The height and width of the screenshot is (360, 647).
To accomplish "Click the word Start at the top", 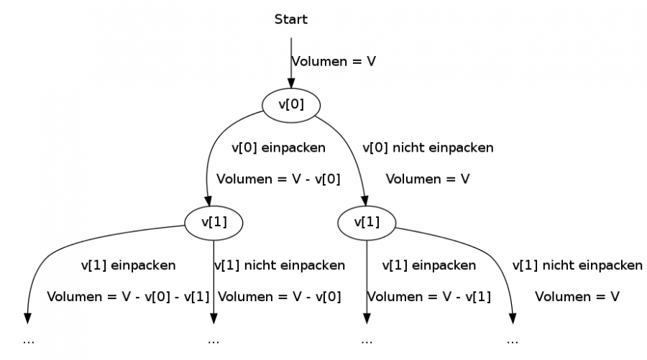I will [290, 19].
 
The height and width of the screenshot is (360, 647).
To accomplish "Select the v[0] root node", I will [291, 104].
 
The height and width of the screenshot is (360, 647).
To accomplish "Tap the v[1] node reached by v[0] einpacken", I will [214, 223].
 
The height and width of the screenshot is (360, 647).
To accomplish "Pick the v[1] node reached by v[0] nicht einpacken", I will [367, 223].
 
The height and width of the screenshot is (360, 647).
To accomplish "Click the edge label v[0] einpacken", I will [278, 148].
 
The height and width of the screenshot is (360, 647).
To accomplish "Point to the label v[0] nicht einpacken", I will [428, 148].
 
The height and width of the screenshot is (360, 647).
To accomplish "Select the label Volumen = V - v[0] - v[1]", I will [129, 296].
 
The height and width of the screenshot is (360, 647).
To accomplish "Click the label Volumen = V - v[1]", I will [429, 296].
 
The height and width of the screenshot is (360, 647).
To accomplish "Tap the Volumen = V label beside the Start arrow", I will [334, 62].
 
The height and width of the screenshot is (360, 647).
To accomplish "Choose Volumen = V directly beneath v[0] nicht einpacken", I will [428, 179].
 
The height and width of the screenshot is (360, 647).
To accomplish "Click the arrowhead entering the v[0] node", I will [291, 84].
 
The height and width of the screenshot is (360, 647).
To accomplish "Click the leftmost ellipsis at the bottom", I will [29, 341].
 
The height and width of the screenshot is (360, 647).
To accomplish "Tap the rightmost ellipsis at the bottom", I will [513, 341].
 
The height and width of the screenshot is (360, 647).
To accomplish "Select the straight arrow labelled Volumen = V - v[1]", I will [367, 280].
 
